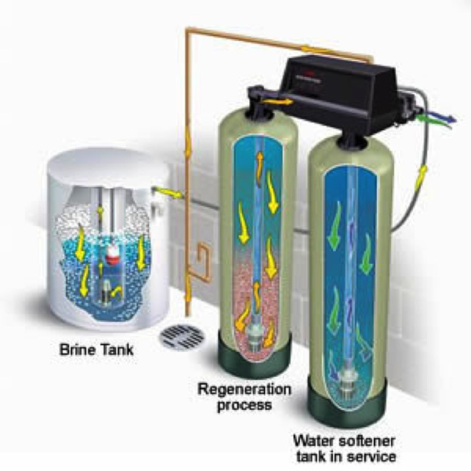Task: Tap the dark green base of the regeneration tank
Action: pyautogui.click(x=250, y=356)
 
